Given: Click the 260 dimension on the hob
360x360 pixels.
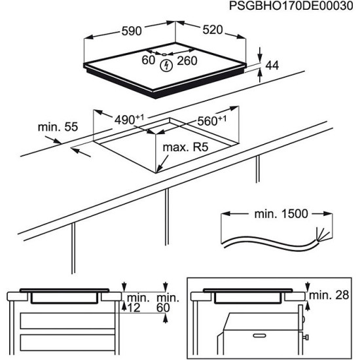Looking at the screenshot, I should [x=189, y=61].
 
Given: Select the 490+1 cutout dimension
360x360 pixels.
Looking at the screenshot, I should [x=129, y=119].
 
